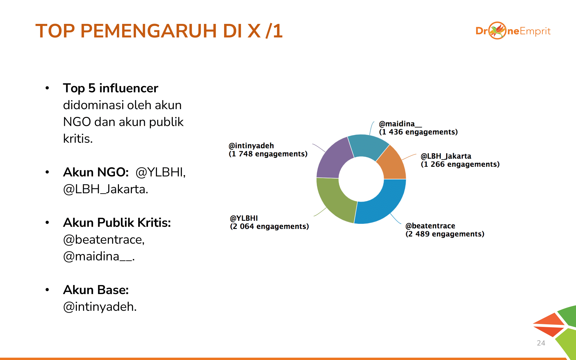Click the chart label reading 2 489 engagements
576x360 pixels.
click(x=445, y=234)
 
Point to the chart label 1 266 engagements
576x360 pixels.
click(x=460, y=164)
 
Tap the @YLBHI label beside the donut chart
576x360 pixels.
click(x=244, y=218)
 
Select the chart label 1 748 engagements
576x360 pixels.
click(x=268, y=154)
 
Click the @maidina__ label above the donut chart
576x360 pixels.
click(x=401, y=124)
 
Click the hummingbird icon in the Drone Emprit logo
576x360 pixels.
click(x=497, y=31)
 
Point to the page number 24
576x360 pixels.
click(x=541, y=343)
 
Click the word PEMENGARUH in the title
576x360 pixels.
click(x=149, y=31)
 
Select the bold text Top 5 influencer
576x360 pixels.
click(x=111, y=88)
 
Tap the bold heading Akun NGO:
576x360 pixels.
click(x=96, y=172)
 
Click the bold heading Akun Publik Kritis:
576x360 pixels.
click(x=117, y=223)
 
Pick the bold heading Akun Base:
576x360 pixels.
click(x=96, y=290)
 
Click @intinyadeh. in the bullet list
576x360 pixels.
click(x=100, y=307)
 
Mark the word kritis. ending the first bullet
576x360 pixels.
click(x=78, y=139)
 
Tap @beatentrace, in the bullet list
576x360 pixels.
click(x=104, y=240)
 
